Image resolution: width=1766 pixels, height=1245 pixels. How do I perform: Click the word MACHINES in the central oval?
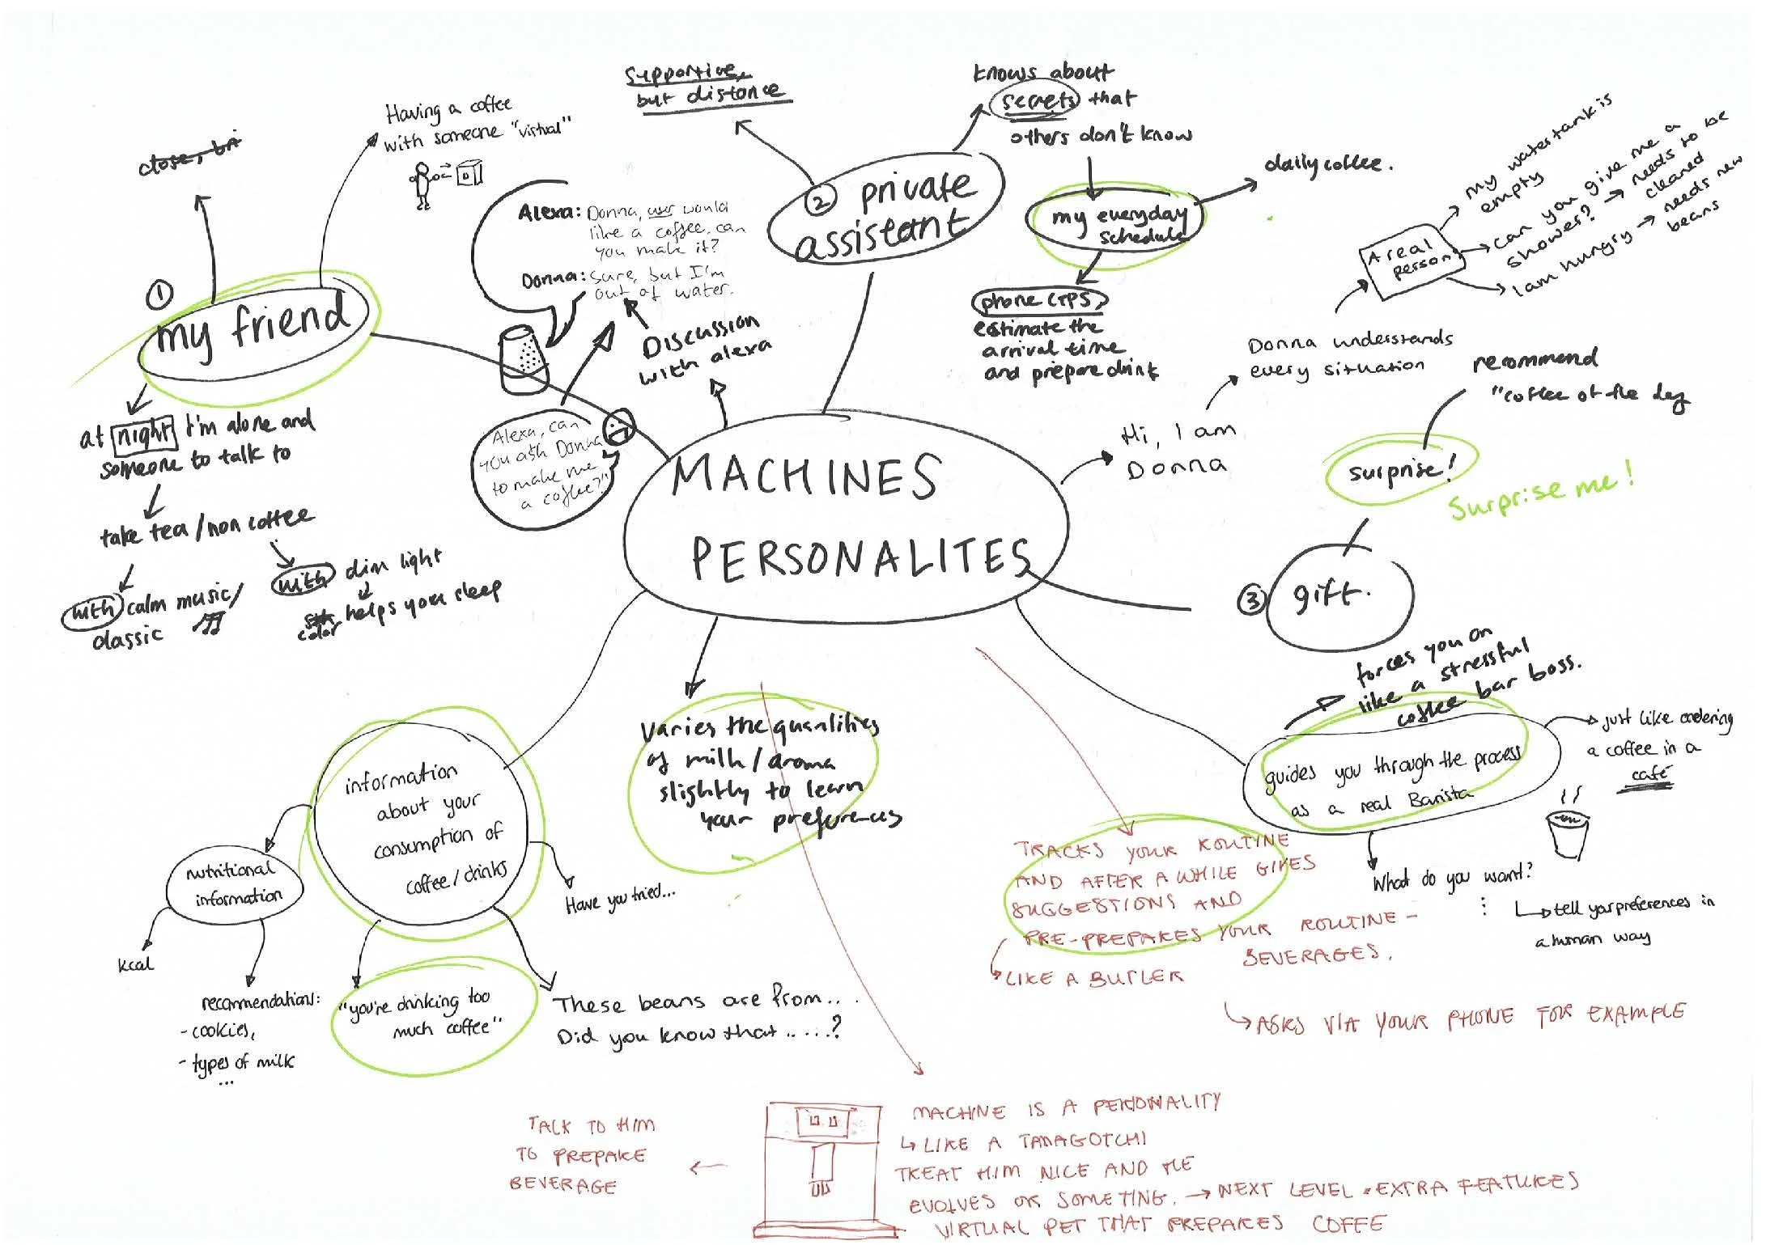[805, 477]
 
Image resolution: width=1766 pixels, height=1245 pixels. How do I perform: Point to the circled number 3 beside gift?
[1251, 600]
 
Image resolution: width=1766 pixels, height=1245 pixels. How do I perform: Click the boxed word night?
[143, 435]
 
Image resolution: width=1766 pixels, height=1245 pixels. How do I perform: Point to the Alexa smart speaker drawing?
[524, 359]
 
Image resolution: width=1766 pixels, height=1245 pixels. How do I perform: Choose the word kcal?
[134, 964]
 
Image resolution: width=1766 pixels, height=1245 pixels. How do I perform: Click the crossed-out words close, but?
[190, 159]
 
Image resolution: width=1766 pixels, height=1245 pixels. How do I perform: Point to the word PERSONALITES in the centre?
[860, 558]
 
